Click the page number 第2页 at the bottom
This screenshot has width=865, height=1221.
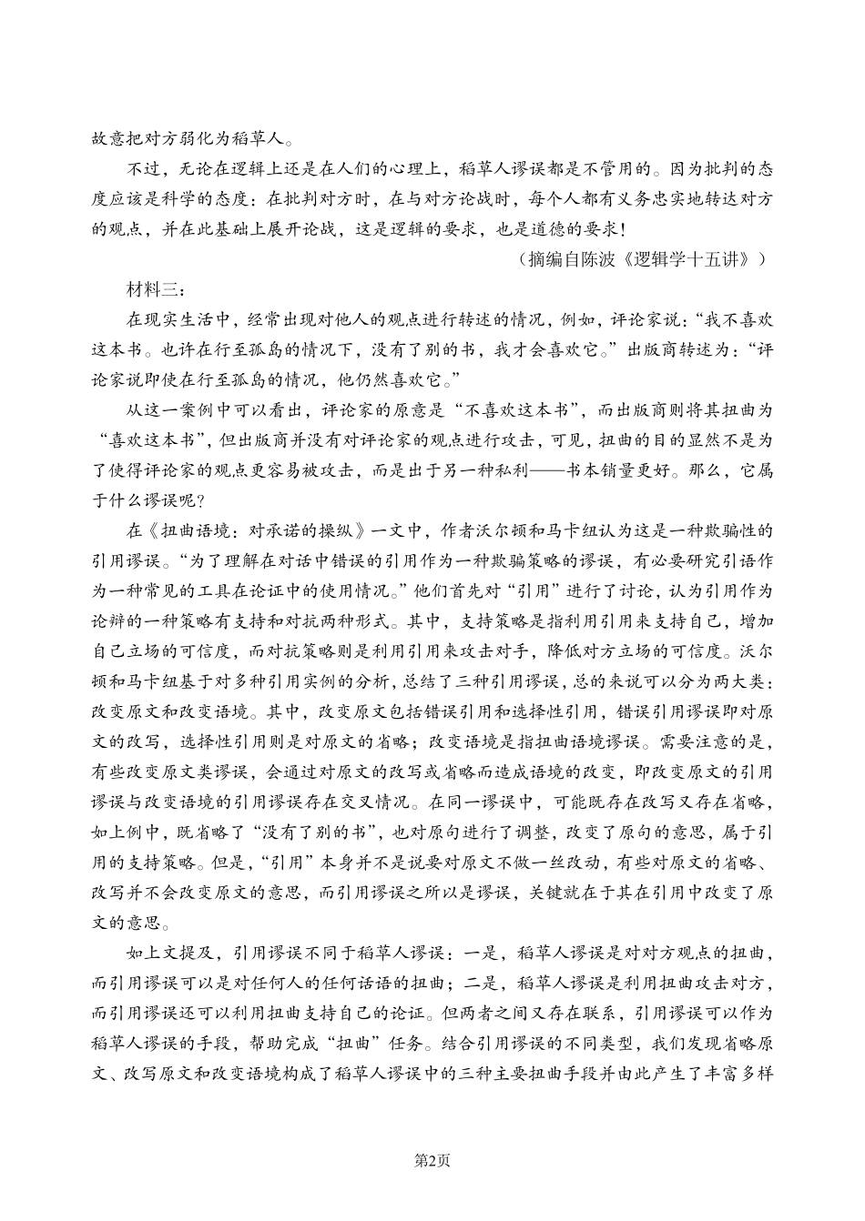click(x=432, y=1159)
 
